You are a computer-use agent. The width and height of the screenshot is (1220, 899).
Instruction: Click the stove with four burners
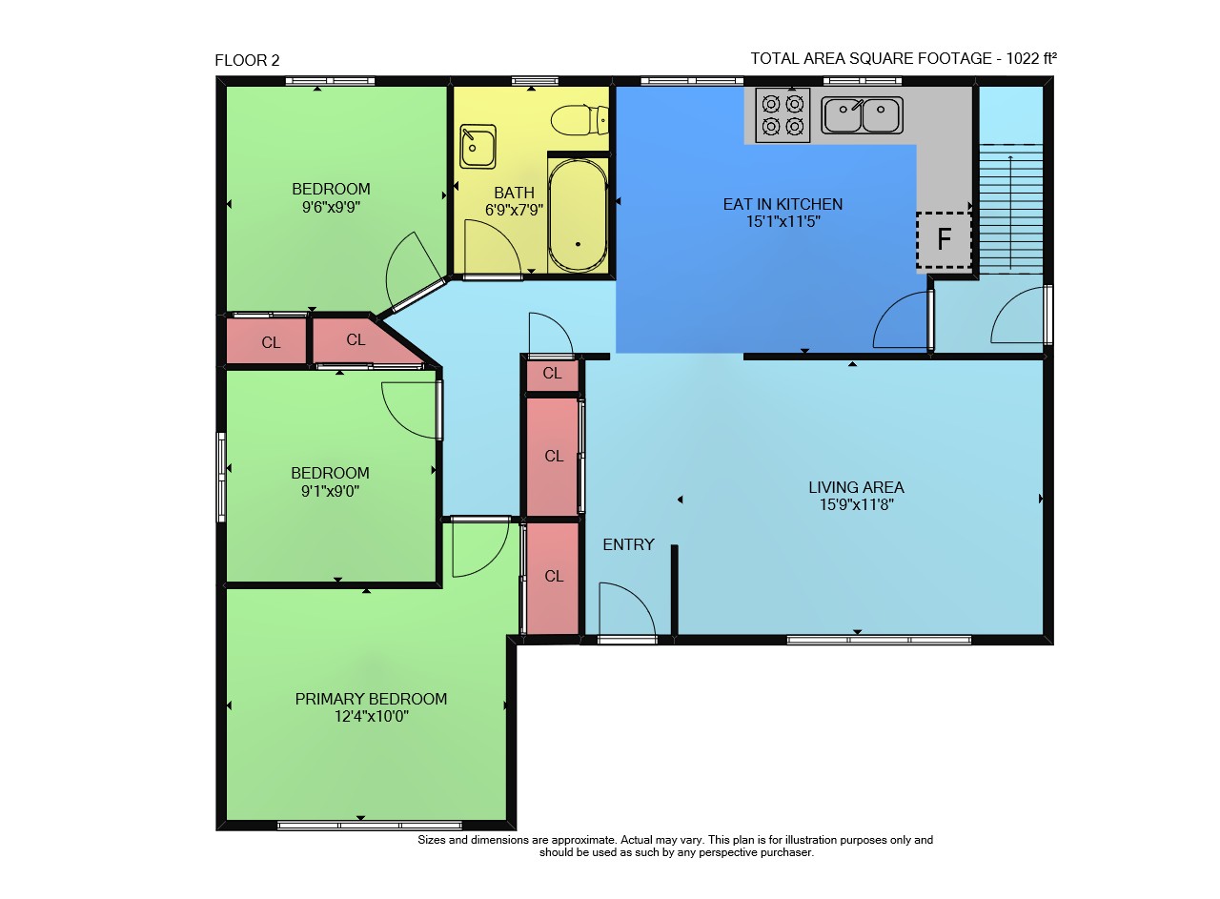(783, 115)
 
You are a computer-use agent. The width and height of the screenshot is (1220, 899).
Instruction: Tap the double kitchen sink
(862, 115)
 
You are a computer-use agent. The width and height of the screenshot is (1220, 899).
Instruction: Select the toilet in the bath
(579, 120)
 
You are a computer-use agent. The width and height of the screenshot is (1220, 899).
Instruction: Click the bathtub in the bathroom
(578, 215)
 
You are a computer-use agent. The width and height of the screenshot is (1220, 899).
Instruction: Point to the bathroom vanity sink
(478, 146)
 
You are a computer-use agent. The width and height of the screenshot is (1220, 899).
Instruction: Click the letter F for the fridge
(944, 238)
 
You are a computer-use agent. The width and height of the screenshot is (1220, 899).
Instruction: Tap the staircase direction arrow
(1010, 213)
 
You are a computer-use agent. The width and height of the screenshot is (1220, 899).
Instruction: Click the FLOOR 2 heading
(247, 60)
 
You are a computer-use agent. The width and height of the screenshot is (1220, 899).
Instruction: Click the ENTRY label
(628, 544)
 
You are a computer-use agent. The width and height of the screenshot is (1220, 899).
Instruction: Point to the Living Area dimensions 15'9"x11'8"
(856, 504)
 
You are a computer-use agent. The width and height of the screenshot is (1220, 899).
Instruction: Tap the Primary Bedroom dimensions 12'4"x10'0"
(372, 716)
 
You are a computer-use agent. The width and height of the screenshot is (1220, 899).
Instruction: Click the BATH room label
(514, 193)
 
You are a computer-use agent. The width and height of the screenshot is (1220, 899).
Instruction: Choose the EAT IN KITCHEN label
(783, 204)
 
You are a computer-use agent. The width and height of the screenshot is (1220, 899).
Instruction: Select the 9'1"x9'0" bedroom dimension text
(330, 491)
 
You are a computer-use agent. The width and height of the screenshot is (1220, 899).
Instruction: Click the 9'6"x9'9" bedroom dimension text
(331, 207)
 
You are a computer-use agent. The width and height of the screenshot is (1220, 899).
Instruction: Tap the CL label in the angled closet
(356, 340)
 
